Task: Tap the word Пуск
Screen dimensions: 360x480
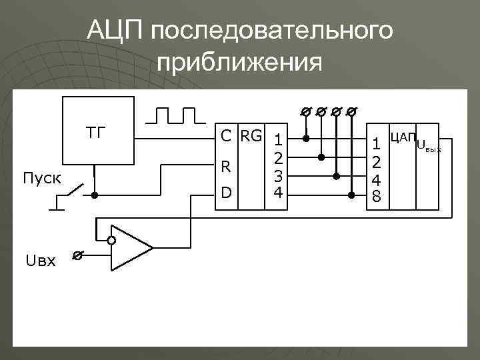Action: [41, 179]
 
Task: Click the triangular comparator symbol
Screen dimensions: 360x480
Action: [131, 247]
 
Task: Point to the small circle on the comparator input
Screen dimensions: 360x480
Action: [112, 241]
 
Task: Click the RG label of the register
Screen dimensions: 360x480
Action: [251, 136]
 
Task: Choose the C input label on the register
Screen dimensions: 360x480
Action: [227, 137]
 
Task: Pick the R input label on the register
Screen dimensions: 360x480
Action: [226, 166]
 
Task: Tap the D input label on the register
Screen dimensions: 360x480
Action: [226, 193]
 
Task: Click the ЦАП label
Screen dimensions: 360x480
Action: [402, 137]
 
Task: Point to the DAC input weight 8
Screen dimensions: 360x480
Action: [377, 197]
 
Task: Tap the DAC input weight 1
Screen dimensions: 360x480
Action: [377, 143]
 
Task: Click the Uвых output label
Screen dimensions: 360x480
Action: [429, 145]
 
